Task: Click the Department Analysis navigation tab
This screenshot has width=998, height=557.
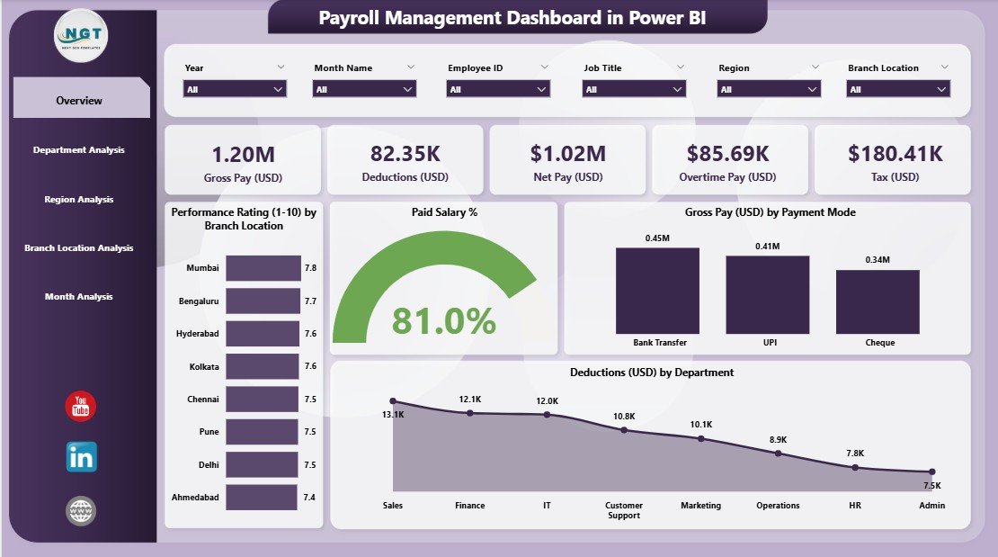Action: pos(79,150)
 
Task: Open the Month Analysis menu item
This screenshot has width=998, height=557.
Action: pos(79,297)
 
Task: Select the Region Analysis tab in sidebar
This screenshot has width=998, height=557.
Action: pos(79,200)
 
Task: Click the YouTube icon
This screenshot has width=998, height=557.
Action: pos(81,406)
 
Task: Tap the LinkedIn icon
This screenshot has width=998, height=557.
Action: pos(81,457)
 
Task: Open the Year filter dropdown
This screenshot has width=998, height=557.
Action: pos(235,89)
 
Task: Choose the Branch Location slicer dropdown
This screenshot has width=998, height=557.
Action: pos(898,89)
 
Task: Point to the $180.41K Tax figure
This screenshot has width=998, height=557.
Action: pos(895,154)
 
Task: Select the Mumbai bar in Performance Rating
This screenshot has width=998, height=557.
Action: pos(263,268)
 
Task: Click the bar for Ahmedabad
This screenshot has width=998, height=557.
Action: pos(261,497)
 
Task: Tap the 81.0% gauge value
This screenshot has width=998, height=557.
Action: pos(444,321)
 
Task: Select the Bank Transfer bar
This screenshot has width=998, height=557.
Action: pos(657,290)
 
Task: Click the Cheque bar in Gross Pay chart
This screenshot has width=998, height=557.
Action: pos(878,301)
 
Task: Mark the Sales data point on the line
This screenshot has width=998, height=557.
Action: pos(393,401)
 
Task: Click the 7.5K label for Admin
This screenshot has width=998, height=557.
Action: pos(931,485)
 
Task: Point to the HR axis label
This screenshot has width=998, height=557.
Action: pos(855,506)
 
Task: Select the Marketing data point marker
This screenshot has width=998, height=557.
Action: pos(701,438)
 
